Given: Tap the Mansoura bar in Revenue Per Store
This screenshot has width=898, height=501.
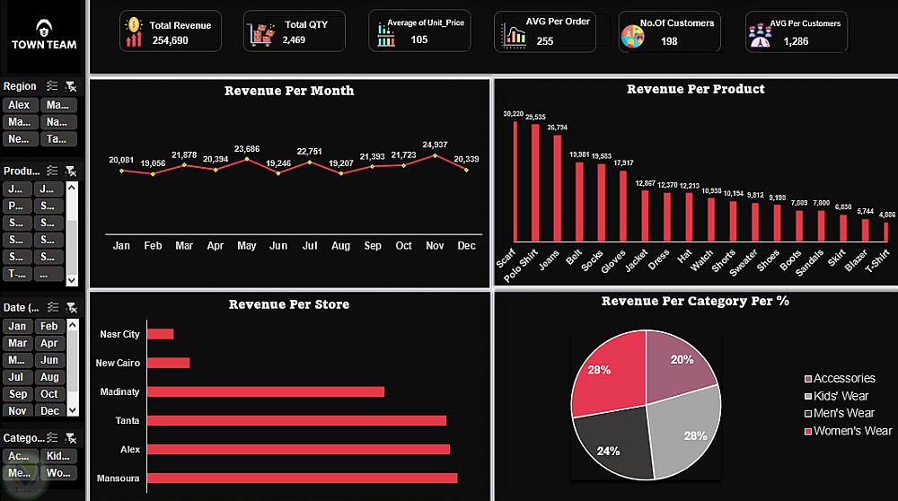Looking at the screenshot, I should [302, 478].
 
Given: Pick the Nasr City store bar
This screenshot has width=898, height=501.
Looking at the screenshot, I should [161, 334].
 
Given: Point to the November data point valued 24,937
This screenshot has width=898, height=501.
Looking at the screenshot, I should [436, 155].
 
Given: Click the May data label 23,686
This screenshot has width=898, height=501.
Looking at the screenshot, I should [246, 148].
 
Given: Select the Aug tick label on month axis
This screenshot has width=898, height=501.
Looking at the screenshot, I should [340, 246].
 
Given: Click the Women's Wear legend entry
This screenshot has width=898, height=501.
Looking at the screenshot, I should [851, 431].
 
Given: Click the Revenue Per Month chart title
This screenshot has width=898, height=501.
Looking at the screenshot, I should [289, 91].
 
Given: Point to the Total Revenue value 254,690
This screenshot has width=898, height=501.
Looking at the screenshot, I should [171, 40].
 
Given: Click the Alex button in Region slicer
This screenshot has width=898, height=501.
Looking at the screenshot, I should [19, 105].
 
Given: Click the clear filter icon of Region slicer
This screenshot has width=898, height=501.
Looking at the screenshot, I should [71, 86].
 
